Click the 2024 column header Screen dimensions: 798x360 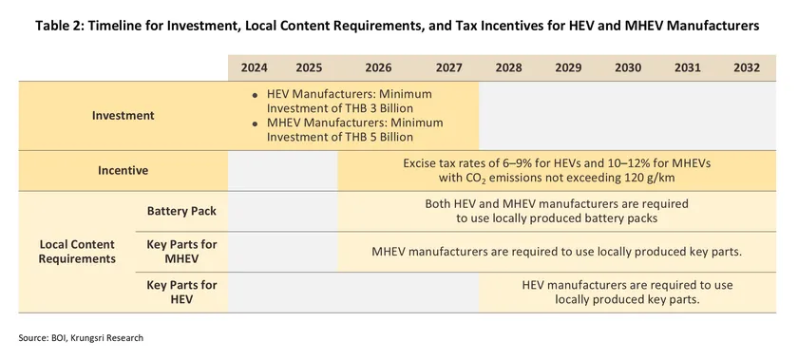click(x=254, y=67)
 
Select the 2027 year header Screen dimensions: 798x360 click(x=448, y=67)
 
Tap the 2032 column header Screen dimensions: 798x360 click(x=747, y=67)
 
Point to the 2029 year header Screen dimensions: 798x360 click(x=568, y=67)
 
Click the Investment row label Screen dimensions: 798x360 click(x=123, y=116)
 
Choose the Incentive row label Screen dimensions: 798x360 click(x=123, y=171)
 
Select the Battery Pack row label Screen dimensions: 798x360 click(x=181, y=211)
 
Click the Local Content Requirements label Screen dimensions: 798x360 click(x=77, y=252)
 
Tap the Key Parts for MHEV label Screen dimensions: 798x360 click(x=181, y=252)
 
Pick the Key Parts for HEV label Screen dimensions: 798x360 click(x=181, y=293)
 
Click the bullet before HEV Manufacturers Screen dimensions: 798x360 click(x=256, y=95)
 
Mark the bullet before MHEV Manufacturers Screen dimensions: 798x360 click(x=256, y=123)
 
